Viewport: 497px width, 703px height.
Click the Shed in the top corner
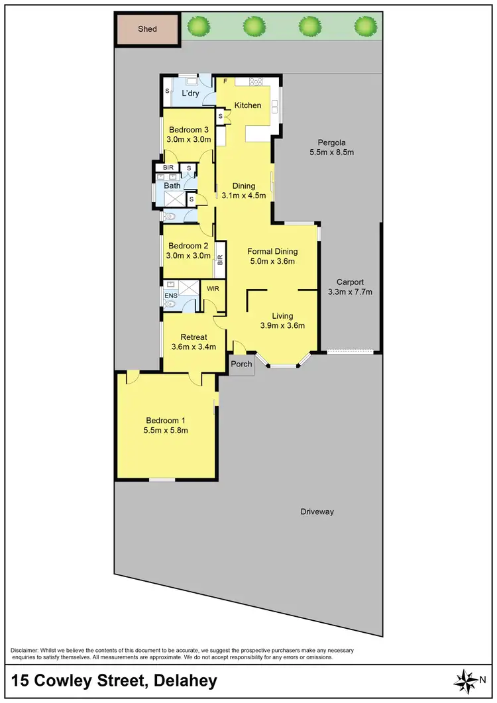147,29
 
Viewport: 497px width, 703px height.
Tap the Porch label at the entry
241,364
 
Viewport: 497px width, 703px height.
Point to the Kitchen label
247,105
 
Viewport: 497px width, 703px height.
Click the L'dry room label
191,93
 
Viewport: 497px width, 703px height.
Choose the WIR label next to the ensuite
213,289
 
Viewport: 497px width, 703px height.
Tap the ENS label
171,295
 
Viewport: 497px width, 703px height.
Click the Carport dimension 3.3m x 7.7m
350,292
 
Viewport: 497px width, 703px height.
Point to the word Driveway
317,512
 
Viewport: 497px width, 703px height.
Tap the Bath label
172,186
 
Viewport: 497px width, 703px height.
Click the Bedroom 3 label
189,129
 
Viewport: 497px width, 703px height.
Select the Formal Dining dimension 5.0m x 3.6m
272,261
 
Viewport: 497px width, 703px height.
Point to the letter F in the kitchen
225,81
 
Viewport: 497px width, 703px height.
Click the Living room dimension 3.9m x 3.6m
282,325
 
